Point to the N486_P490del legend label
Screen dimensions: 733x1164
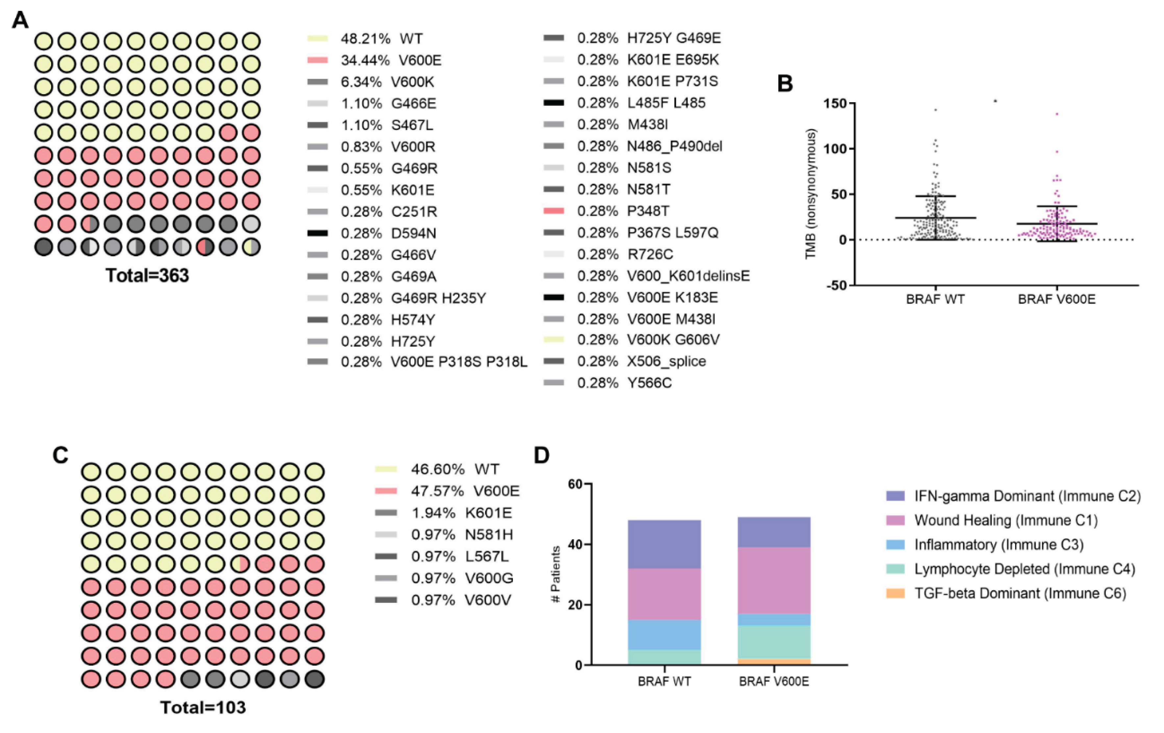click(x=674, y=146)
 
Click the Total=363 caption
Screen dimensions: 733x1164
click(x=147, y=275)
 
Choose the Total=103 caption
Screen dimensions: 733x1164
click(x=203, y=707)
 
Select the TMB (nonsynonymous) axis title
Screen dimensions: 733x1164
click(x=811, y=194)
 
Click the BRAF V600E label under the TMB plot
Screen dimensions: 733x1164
click(x=1057, y=299)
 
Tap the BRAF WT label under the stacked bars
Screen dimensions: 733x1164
click(x=664, y=682)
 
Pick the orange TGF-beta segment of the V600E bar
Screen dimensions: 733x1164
click(x=774, y=661)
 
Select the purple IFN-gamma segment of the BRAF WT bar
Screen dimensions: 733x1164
click(x=664, y=544)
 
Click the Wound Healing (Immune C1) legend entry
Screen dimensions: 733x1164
click(x=1005, y=520)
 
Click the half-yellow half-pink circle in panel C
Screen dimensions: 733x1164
click(x=240, y=564)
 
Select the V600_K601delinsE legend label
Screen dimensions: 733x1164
click(x=688, y=276)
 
